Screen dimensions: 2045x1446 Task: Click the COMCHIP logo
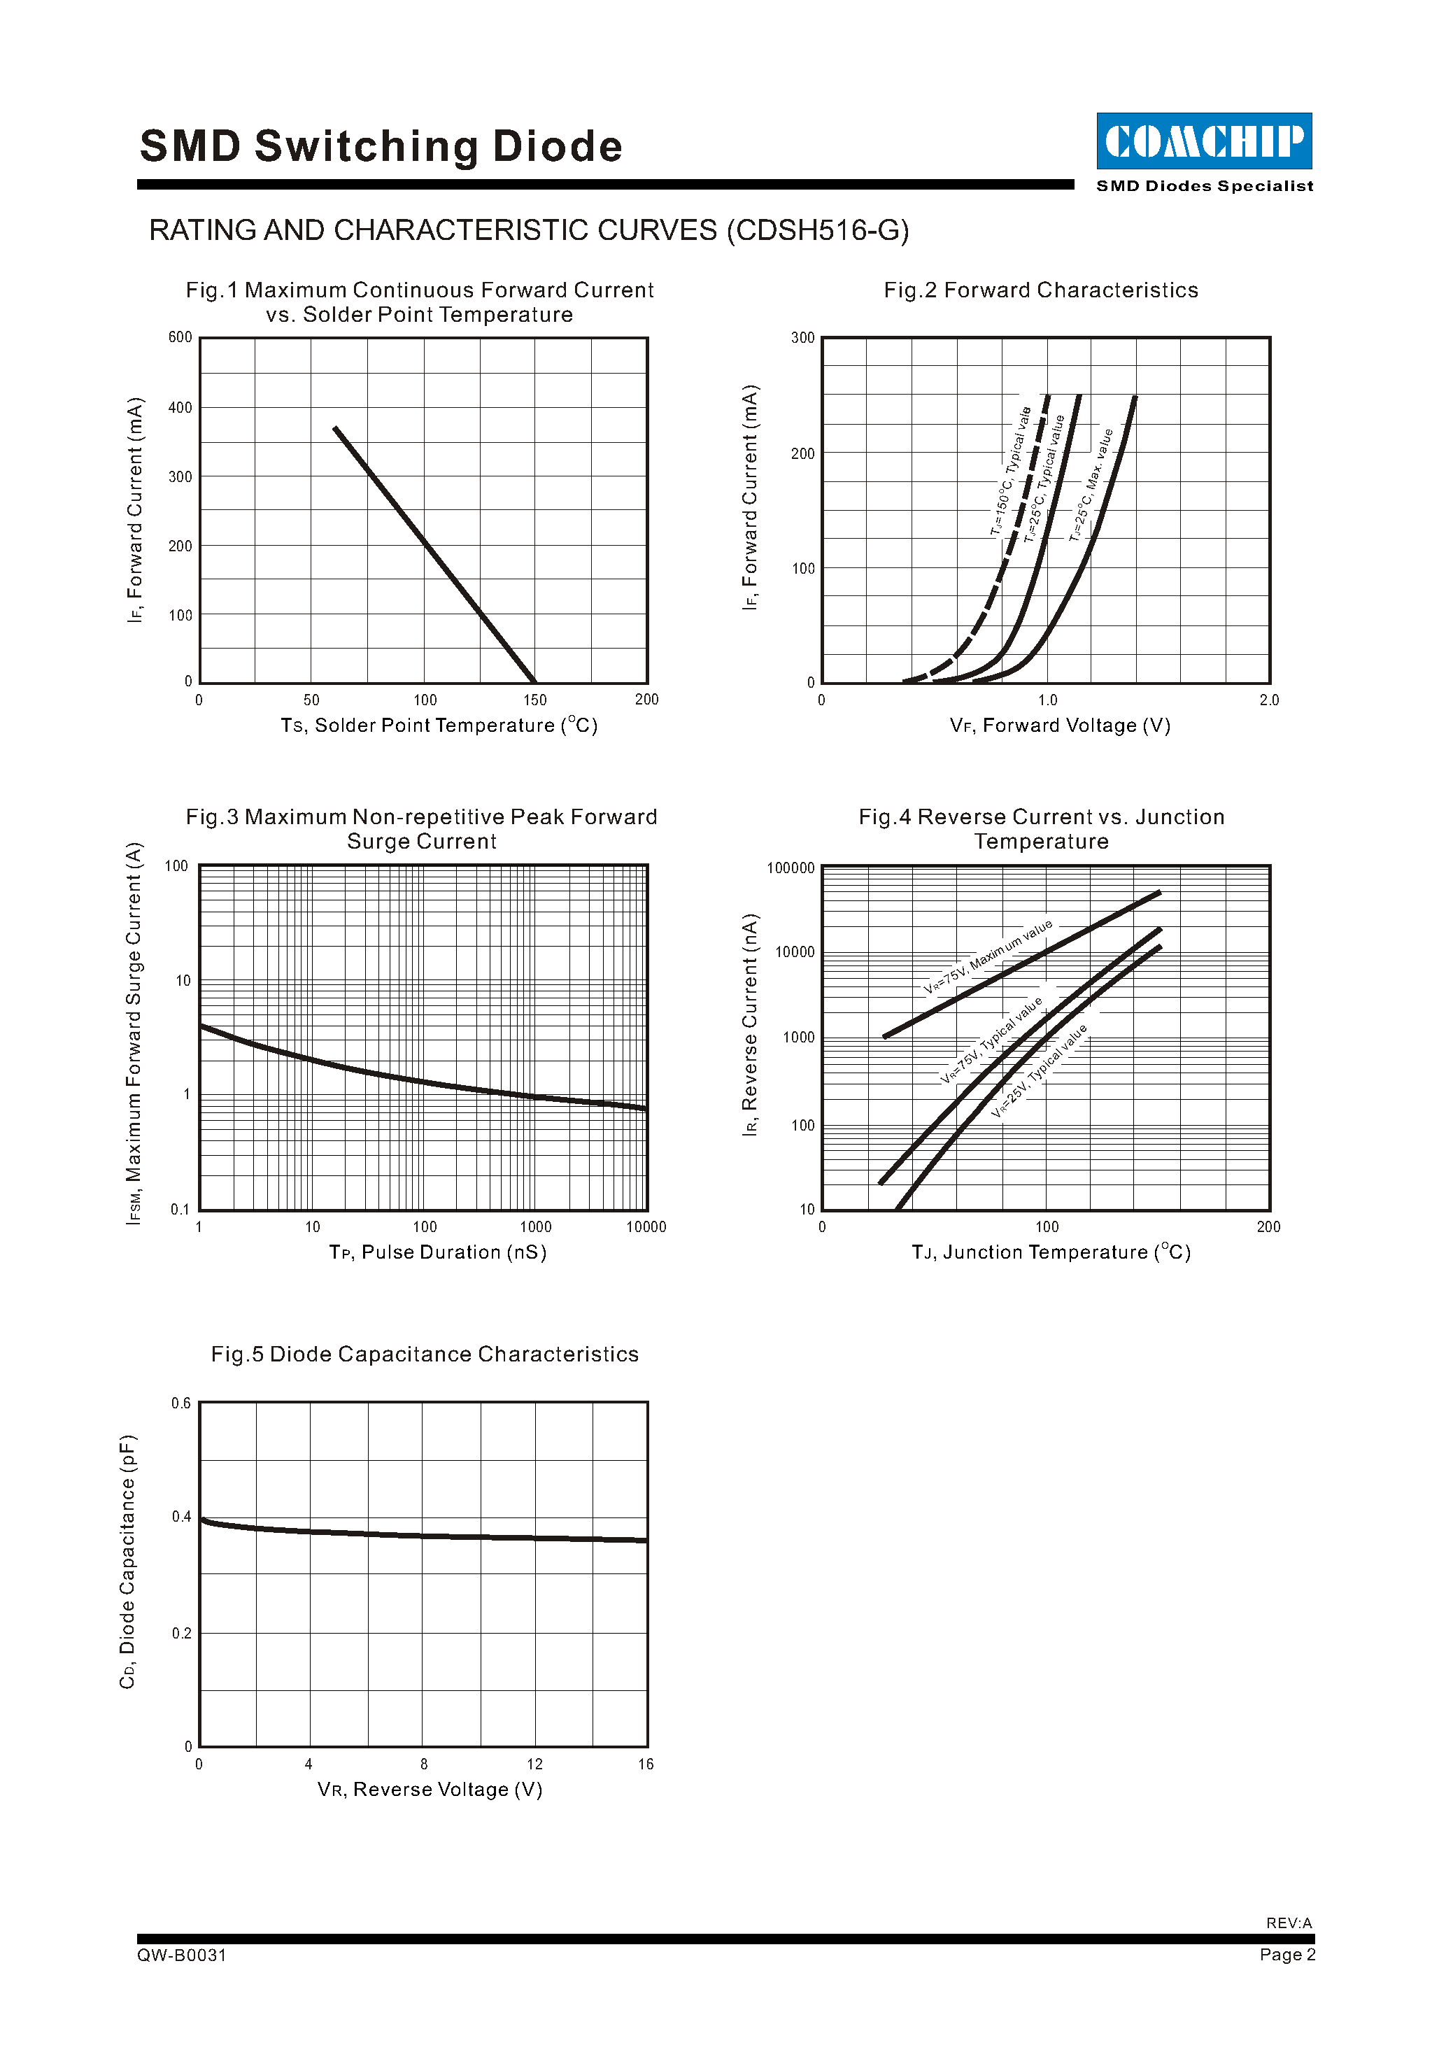click(x=1204, y=141)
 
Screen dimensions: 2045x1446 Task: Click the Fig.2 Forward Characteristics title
click(x=1041, y=290)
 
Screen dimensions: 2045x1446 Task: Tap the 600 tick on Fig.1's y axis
click(x=180, y=337)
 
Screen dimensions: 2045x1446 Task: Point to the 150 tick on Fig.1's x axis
click(x=535, y=700)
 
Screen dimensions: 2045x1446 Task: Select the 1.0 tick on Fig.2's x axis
click(x=1048, y=700)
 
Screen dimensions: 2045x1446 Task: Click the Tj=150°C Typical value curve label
click(x=1011, y=472)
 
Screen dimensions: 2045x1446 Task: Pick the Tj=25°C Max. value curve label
click(x=1091, y=486)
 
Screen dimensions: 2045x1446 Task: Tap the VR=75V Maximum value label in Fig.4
click(x=988, y=956)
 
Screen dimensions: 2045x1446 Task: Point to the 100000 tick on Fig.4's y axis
click(x=791, y=868)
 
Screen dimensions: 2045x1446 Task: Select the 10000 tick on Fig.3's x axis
click(x=646, y=1227)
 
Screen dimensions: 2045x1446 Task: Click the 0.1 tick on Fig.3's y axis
click(x=180, y=1210)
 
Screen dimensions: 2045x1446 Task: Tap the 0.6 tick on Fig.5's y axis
click(x=180, y=1403)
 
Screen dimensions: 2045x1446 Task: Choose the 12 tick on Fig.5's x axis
click(x=535, y=1764)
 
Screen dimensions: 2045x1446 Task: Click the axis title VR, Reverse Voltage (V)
click(x=430, y=1790)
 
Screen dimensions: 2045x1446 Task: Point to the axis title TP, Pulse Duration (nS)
click(x=438, y=1253)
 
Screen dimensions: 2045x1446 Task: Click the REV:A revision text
click(x=1289, y=1923)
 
